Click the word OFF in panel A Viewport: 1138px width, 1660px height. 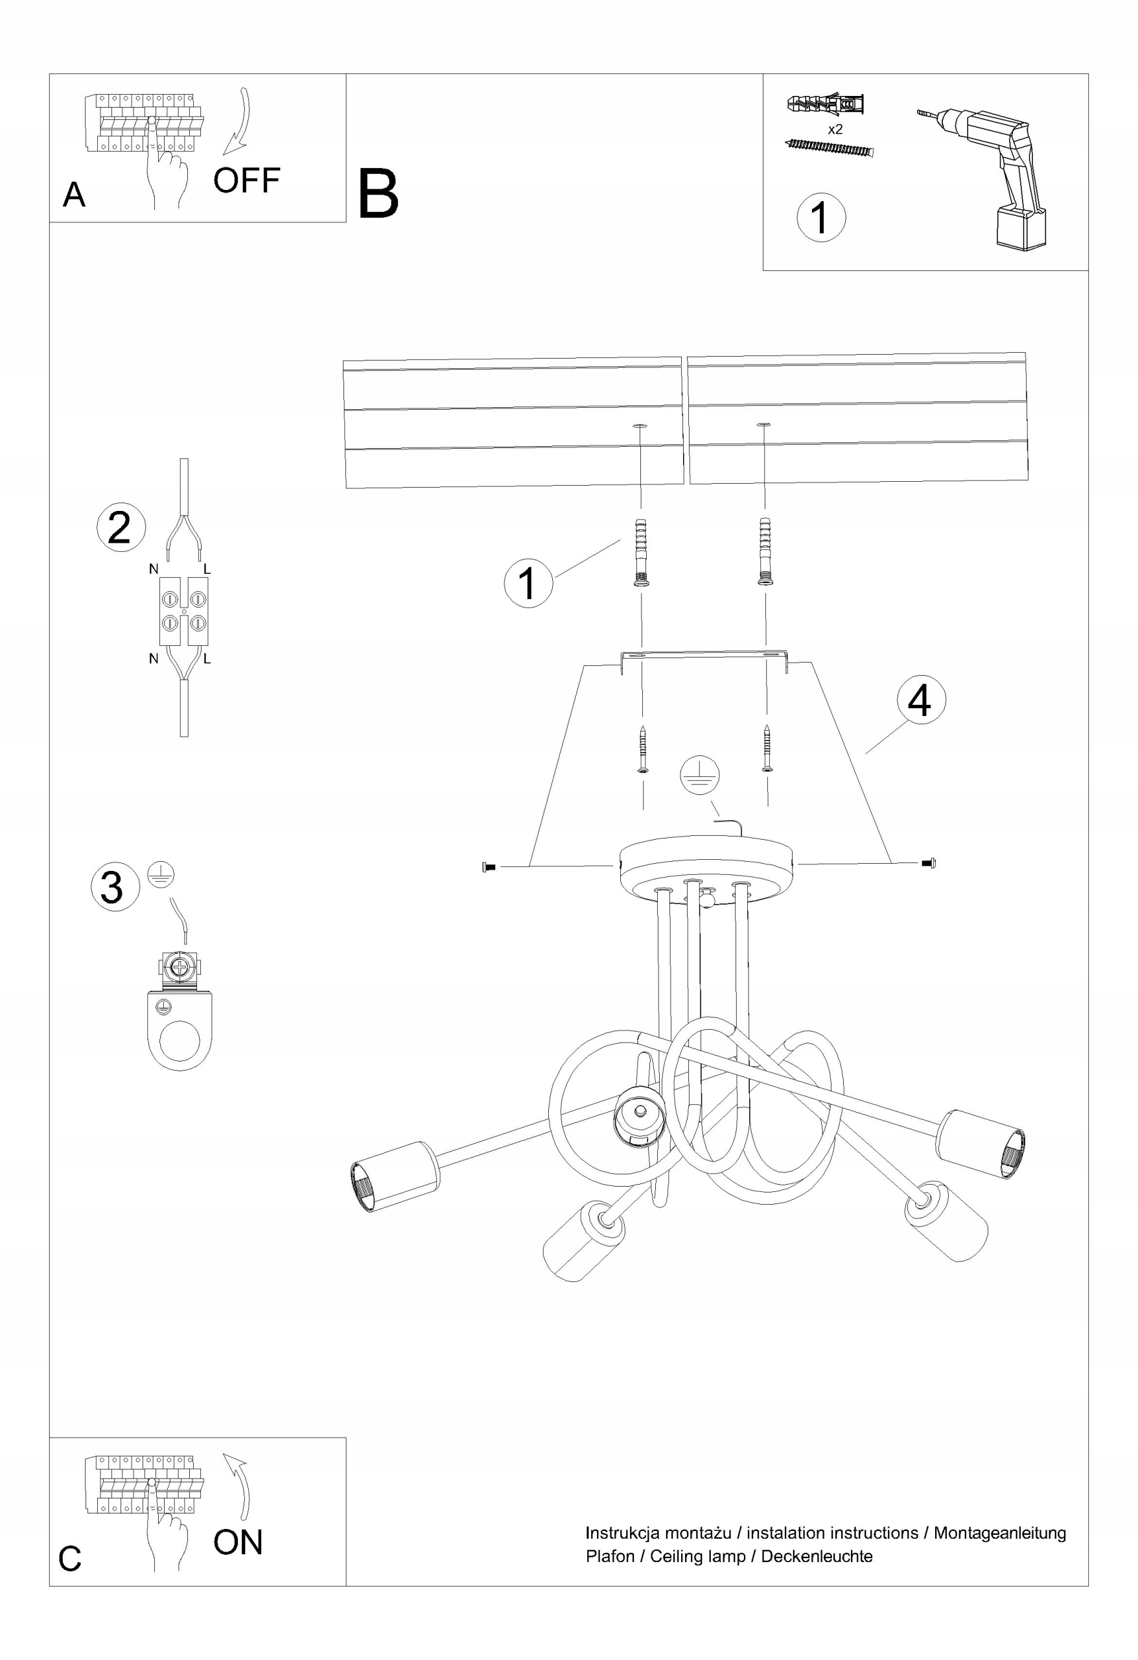pos(246,180)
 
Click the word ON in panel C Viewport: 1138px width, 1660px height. pos(238,1542)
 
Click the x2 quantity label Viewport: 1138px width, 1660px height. pos(835,129)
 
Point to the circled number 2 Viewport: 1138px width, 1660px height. pos(120,527)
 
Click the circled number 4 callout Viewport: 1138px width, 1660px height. pos(920,700)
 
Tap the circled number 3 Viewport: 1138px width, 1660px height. pos(114,886)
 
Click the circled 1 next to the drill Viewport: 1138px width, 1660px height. pos(821,217)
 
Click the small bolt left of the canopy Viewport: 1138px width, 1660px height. pos(489,867)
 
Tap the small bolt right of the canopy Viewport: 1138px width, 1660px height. pos(929,864)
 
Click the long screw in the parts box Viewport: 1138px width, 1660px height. pos(829,148)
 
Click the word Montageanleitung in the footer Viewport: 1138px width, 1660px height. pos(999,1533)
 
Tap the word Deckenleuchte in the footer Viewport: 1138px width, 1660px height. pos(816,1556)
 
